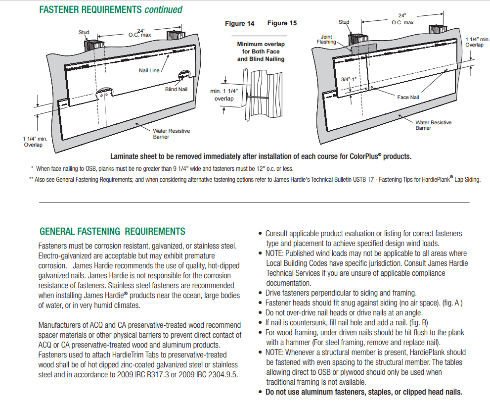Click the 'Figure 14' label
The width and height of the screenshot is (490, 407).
[240, 24]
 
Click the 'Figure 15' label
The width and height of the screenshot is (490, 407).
[282, 23]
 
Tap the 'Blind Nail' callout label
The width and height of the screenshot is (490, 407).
[176, 90]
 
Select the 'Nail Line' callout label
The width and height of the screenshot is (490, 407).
[149, 70]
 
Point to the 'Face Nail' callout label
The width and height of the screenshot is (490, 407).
[408, 97]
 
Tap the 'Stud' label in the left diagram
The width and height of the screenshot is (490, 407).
[84, 32]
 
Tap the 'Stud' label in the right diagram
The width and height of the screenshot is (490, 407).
[344, 22]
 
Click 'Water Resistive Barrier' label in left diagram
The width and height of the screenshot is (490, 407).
[171, 134]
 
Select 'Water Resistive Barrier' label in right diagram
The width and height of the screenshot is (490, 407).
[433, 125]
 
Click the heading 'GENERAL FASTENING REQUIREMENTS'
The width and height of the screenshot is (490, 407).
[112, 231]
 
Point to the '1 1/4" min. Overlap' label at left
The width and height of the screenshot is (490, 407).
[35, 142]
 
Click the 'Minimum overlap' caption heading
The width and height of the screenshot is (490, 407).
[261, 44]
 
